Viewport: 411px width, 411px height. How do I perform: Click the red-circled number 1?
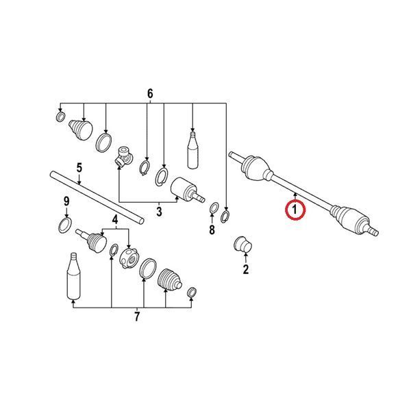[x=295, y=210]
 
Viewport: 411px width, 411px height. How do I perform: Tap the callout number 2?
[x=246, y=269]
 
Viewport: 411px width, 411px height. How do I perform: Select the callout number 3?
[x=159, y=212]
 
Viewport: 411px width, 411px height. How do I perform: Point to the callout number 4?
[x=115, y=220]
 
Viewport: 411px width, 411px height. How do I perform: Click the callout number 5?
[x=79, y=168]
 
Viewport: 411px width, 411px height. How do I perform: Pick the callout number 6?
[x=150, y=94]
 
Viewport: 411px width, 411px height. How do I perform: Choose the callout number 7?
[x=137, y=316]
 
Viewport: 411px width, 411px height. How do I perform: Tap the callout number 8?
[x=212, y=230]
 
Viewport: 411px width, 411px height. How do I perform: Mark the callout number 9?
[x=66, y=201]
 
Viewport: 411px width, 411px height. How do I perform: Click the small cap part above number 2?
[x=242, y=244]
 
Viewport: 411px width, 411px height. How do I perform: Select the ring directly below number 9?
[x=65, y=225]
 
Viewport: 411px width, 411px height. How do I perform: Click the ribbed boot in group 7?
[x=170, y=279]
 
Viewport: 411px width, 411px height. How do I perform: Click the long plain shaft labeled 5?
[x=97, y=197]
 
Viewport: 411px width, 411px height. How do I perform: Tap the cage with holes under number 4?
[x=129, y=258]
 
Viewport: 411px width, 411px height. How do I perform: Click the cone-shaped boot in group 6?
[x=81, y=129]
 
